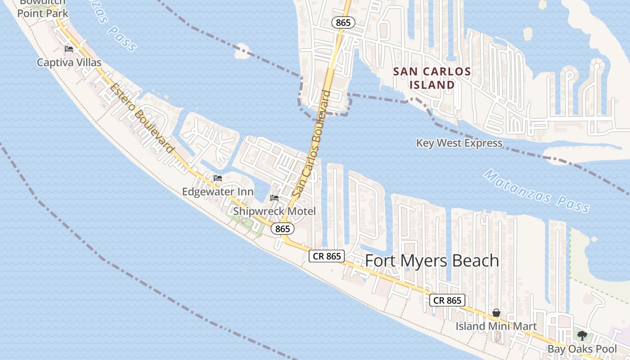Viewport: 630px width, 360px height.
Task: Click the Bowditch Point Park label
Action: [x=43, y=9]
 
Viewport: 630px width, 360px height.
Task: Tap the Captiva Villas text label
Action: [x=69, y=62]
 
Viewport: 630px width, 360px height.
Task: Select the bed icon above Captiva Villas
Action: [x=69, y=49]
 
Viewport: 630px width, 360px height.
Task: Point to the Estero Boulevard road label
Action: [x=142, y=118]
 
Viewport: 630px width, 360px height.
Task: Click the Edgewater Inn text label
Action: [x=217, y=192]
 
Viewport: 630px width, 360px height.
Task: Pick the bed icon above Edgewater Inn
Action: [x=218, y=178]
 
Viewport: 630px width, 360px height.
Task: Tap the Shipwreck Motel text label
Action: [x=274, y=211]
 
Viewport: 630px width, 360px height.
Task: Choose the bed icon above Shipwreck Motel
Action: [x=274, y=198]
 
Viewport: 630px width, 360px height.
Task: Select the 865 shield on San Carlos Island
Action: [x=343, y=22]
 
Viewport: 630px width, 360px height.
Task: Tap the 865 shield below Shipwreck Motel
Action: [x=283, y=229]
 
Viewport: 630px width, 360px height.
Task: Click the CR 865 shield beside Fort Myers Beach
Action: [x=327, y=256]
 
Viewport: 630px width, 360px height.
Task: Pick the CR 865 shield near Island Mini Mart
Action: [x=447, y=300]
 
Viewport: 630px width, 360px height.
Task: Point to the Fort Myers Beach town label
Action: [x=432, y=261]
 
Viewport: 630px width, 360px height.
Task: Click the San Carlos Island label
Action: [x=432, y=78]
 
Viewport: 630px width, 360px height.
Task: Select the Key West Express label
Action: [x=459, y=143]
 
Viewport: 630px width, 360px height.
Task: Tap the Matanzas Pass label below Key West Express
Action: [x=536, y=191]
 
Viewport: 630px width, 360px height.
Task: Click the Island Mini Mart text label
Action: [x=496, y=326]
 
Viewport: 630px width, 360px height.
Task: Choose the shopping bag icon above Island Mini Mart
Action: [x=496, y=313]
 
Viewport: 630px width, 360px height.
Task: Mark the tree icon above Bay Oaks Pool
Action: [x=582, y=335]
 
